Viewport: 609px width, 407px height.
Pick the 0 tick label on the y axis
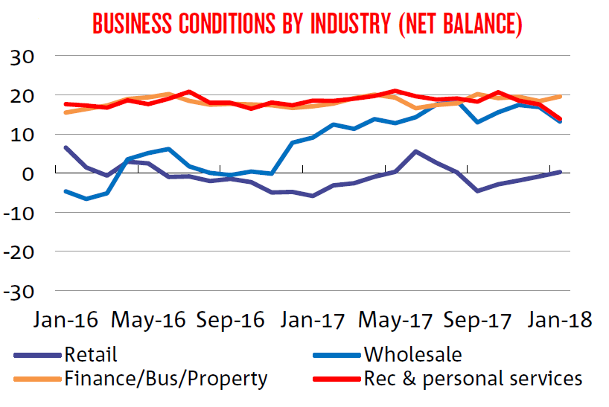pyautogui.click(x=35, y=174)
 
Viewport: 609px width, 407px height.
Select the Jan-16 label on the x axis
pyautogui.click(x=66, y=319)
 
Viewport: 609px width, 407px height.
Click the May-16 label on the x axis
pyautogui.click(x=148, y=319)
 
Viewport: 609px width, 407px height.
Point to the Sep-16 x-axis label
pyautogui.click(x=230, y=319)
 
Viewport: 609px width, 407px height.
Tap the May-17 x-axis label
pyautogui.click(x=395, y=319)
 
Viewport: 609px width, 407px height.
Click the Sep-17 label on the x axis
pyautogui.click(x=477, y=319)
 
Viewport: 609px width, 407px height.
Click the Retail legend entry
pyautogui.click(x=91, y=354)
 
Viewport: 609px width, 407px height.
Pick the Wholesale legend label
pyautogui.click(x=412, y=354)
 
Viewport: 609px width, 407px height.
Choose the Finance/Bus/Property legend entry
pyautogui.click(x=165, y=379)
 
